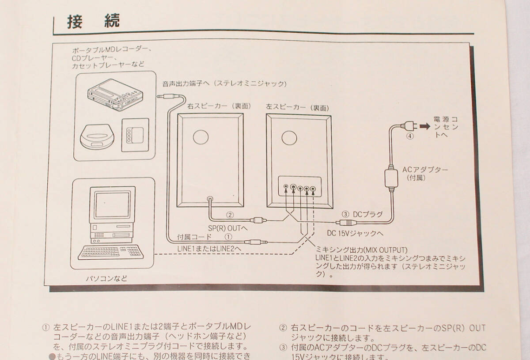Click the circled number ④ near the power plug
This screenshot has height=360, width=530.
click(x=410, y=136)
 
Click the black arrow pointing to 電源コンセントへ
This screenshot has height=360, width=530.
click(x=425, y=127)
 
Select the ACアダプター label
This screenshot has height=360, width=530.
click(x=425, y=169)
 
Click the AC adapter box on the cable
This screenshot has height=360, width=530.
click(x=390, y=176)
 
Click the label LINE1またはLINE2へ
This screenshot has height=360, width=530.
click(x=209, y=249)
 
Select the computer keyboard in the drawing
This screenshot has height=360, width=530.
click(x=111, y=252)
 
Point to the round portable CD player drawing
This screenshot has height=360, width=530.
click(x=97, y=136)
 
